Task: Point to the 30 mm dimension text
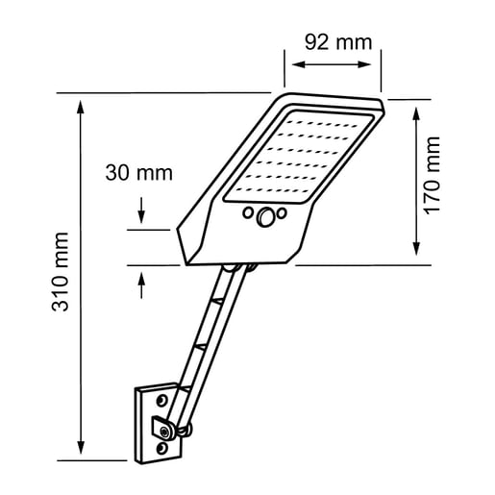(138, 173)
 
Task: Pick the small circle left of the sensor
(248, 212)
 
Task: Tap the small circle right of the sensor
(282, 213)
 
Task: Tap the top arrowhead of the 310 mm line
(80, 102)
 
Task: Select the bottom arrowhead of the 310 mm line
(80, 451)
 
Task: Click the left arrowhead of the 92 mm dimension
(291, 65)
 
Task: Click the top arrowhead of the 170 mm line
(415, 109)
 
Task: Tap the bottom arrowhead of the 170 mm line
(415, 253)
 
